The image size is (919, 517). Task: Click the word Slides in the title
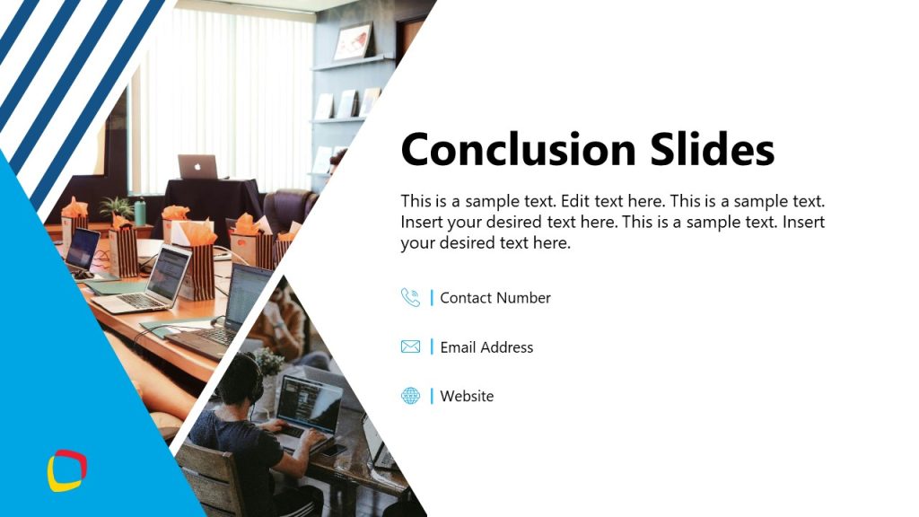coord(717,149)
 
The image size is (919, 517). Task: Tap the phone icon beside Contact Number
coord(410,297)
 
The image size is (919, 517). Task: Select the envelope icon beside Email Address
coord(410,346)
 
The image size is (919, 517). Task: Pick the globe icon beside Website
coord(410,396)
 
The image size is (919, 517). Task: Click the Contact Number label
coord(495,298)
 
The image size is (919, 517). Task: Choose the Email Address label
coord(486,347)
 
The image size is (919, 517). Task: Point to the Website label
coord(467,396)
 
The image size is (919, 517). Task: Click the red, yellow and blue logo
coord(66,471)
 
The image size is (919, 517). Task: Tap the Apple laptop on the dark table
coord(197,167)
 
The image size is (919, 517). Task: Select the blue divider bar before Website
coord(432,396)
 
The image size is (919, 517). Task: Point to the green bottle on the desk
coord(139,212)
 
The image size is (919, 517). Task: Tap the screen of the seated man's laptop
coord(310,399)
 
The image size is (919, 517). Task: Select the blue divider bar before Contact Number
coord(432,297)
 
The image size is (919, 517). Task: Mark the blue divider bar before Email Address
coord(432,346)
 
